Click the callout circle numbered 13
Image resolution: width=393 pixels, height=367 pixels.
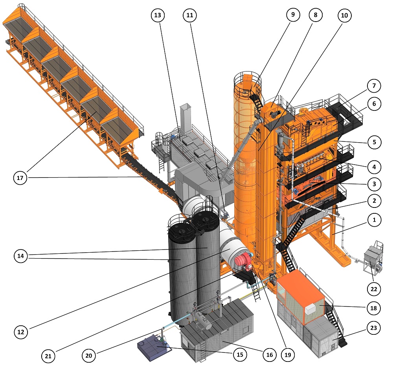point(158,15)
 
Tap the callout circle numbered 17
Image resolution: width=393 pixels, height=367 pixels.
point(20,178)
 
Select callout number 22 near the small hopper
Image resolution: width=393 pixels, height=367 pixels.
point(374,289)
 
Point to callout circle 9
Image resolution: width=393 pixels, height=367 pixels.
point(293,15)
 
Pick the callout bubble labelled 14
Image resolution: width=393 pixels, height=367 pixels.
point(20,256)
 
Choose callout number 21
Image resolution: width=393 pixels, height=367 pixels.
point(48,356)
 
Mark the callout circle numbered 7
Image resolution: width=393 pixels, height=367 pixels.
point(374,86)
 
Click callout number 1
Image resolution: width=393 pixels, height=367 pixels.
point(374,220)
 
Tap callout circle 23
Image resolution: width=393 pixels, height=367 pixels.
point(373,328)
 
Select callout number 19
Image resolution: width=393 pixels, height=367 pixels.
point(288,355)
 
